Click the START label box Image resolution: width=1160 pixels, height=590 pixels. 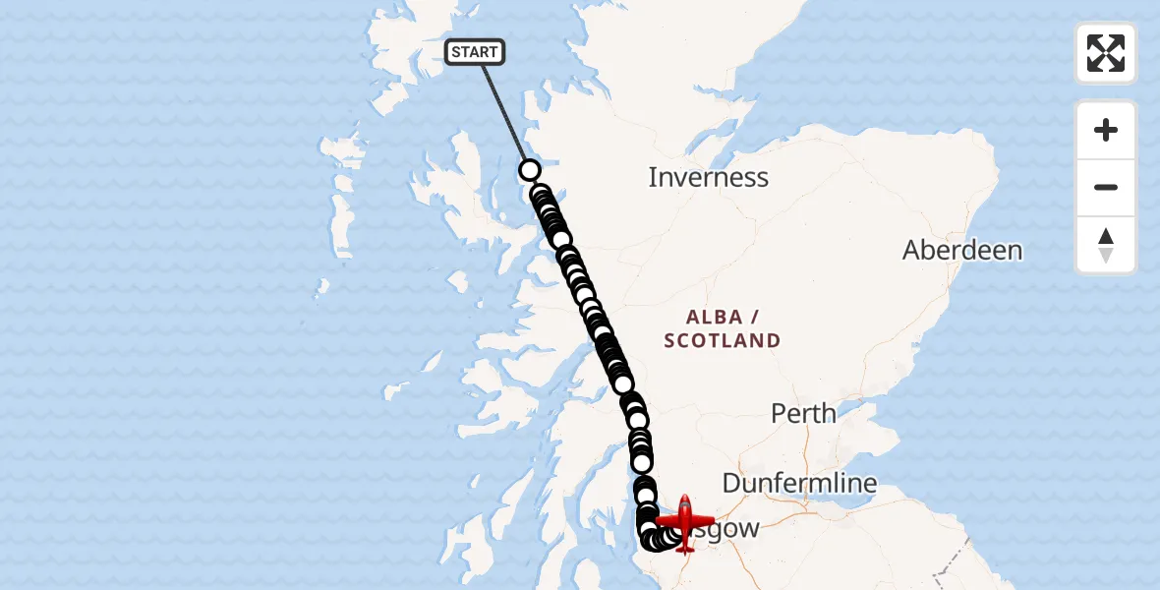pos(475,52)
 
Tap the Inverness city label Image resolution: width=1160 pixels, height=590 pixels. pos(708,178)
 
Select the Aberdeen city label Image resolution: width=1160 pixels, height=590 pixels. pos(962,250)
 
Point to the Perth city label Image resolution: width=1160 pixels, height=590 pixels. pos(803,413)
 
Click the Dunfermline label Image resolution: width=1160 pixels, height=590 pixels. pos(799,483)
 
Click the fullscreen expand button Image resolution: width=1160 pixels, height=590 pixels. pos(1106,53)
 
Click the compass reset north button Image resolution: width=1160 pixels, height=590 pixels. pos(1106,245)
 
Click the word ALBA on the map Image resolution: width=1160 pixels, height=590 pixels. pos(715,318)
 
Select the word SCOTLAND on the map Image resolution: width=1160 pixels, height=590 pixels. pos(723,341)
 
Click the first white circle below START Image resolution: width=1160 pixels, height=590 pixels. pos(530,170)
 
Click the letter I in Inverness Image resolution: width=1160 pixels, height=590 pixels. pos(653,178)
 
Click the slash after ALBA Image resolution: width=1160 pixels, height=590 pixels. pos(755,318)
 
